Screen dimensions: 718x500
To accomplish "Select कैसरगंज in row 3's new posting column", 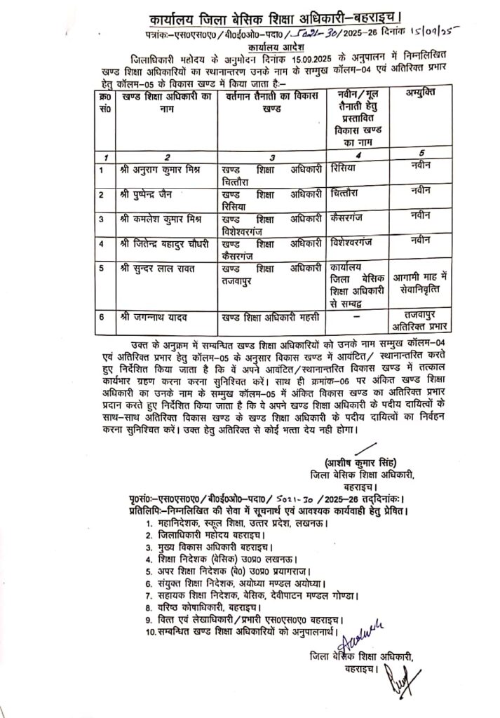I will tap(348, 219).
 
